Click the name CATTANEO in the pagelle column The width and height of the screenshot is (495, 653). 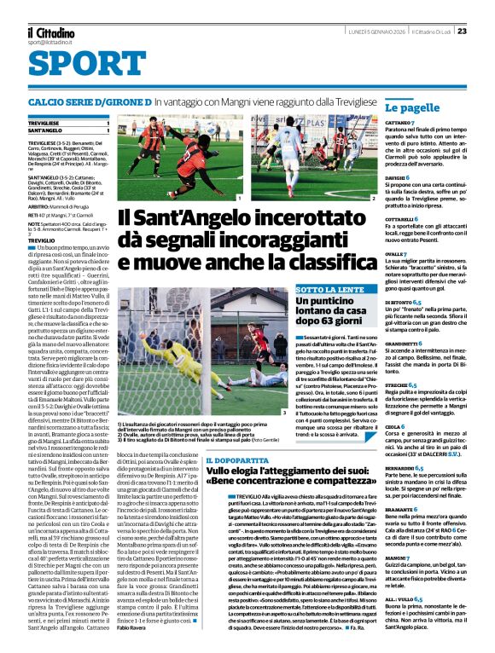[x=399, y=124]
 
